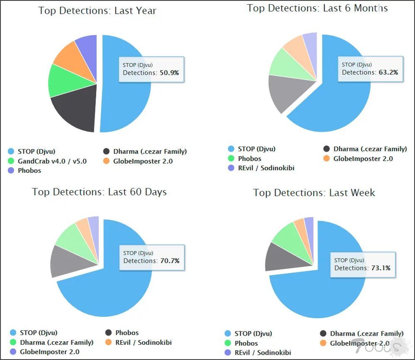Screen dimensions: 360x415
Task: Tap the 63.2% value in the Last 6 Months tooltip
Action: pos(388,72)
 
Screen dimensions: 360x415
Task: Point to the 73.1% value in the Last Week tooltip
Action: pos(381,268)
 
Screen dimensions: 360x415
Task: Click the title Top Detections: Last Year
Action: pos(98,11)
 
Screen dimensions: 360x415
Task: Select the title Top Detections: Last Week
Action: pos(314,193)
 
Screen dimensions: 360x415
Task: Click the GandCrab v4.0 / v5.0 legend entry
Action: pos(52,161)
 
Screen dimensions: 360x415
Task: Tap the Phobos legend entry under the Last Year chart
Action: pos(29,171)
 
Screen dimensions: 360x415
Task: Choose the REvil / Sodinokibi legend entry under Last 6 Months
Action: pos(266,168)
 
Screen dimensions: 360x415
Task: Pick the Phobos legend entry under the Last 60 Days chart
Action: pos(127,333)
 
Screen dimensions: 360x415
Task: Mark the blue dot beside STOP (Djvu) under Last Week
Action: pos(228,333)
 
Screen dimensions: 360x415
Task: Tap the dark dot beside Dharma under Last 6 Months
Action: pos(327,149)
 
